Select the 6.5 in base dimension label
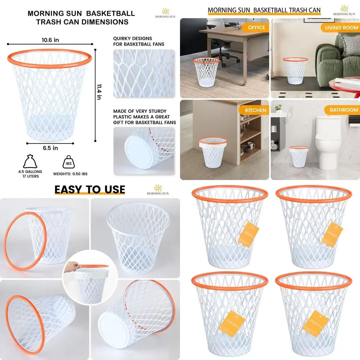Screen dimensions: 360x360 coord(50,148)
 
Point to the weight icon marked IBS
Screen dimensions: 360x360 coord(70,162)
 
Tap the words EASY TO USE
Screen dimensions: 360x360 coord(90,190)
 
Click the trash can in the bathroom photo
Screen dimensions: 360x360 coord(299,157)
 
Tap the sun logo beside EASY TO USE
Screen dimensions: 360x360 coord(158,188)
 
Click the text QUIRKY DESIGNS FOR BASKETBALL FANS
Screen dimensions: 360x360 coord(139,41)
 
